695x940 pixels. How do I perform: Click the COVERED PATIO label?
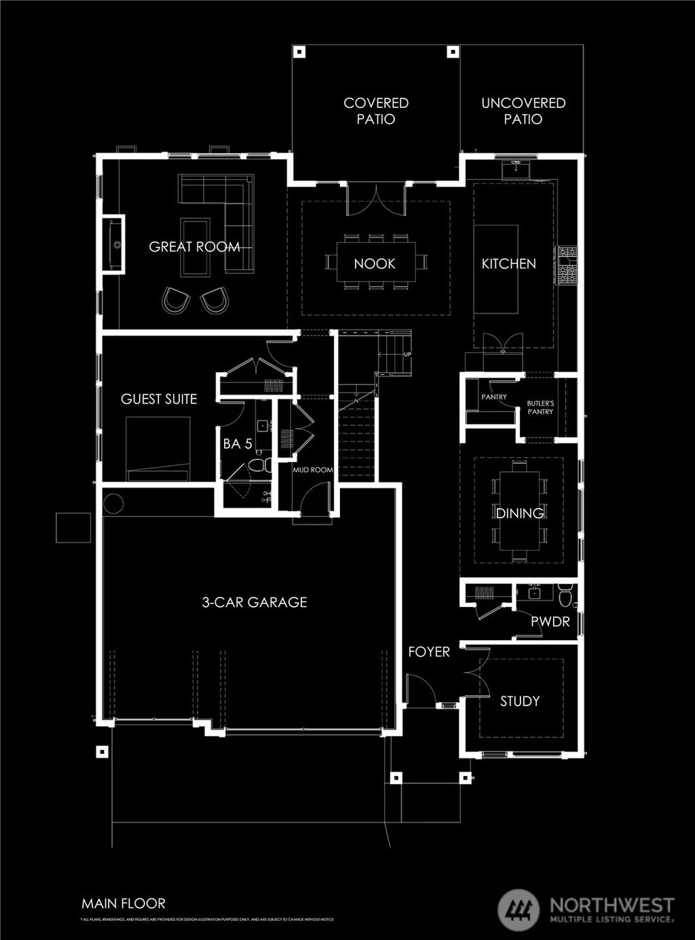pos(376,111)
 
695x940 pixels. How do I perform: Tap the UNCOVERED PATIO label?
pos(523,111)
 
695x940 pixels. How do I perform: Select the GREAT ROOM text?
pos(194,247)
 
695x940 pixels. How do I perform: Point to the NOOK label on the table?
pos(375,264)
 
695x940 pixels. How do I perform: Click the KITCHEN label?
pos(509,264)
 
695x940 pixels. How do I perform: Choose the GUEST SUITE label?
pos(159,399)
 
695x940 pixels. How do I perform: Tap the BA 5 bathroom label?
pos(238,444)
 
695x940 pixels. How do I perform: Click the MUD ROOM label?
pos(313,469)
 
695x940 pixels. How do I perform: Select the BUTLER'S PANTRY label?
pos(540,408)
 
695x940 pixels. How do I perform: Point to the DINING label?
pos(520,513)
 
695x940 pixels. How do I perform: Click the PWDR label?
pos(550,621)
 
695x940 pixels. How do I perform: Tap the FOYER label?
pos(429,652)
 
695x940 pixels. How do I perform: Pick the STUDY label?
pos(520,701)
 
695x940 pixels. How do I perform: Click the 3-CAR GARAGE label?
pos(255,602)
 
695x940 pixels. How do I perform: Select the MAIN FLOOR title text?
pos(124,903)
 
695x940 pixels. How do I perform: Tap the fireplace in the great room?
pos(113,244)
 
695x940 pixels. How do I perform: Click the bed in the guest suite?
pos(158,448)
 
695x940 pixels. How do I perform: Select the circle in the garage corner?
pos(113,504)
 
